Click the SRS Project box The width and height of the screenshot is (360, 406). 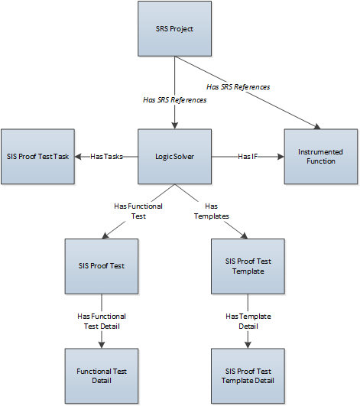tap(174, 29)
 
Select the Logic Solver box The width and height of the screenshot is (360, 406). tap(174, 157)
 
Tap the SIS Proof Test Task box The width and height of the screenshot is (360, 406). tap(37, 157)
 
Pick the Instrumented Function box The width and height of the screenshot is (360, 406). tap(321, 157)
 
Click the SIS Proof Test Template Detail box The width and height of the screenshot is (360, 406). tap(248, 376)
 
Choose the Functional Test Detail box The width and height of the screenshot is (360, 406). tap(102, 376)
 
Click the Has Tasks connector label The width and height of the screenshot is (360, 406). tap(106, 157)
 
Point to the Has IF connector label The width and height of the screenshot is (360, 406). tap(248, 157)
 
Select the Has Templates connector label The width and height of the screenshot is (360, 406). tap(212, 211)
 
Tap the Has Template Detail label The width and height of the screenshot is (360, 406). tap(248, 321)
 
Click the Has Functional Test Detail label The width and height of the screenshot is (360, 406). tap(102, 321)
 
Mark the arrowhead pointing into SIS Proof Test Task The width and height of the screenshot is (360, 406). tap(78, 157)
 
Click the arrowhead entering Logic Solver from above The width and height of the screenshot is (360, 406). tap(175, 125)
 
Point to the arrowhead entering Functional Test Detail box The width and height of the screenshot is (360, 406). tap(102, 345)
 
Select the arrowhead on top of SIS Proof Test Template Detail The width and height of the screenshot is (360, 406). tap(248, 345)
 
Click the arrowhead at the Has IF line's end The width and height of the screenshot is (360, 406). tap(281, 157)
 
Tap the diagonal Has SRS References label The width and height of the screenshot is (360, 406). tap(238, 87)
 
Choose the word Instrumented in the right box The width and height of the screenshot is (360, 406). tap(320, 152)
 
